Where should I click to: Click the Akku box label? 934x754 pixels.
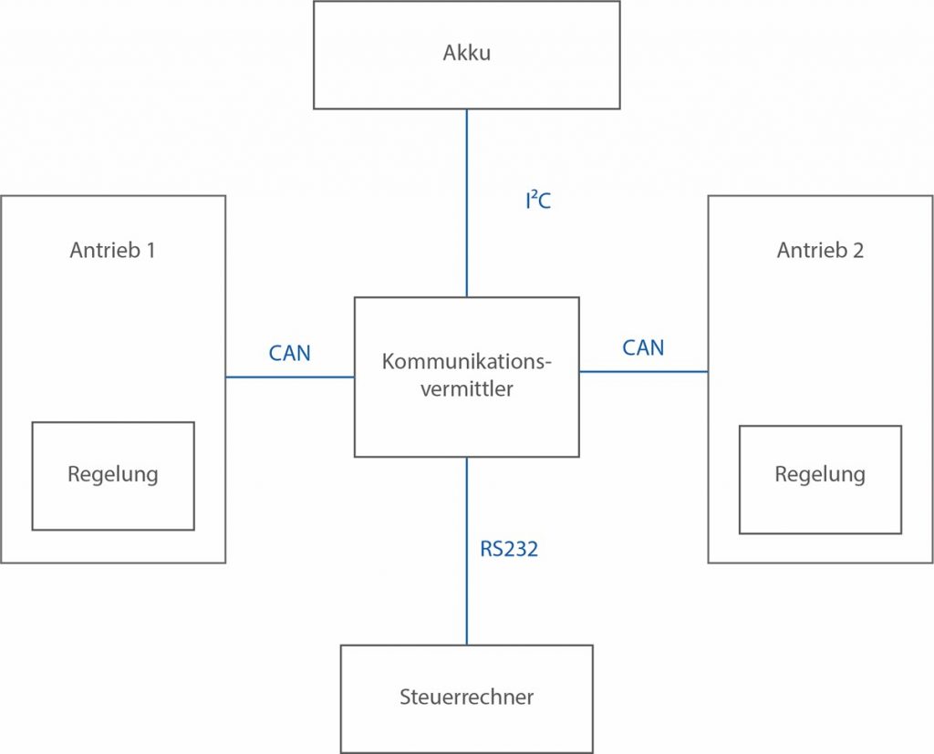(x=466, y=52)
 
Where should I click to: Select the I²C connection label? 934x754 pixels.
(x=537, y=201)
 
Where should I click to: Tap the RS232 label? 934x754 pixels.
(x=509, y=549)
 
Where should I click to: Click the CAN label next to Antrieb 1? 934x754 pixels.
(x=289, y=353)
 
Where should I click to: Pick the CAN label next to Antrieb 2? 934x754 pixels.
(x=643, y=347)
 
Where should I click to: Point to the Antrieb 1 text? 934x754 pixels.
(x=112, y=250)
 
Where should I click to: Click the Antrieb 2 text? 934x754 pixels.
(x=820, y=250)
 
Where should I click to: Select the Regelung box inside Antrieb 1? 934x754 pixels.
(x=113, y=475)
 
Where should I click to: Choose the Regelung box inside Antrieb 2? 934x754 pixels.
(x=820, y=478)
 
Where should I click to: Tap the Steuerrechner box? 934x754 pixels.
(x=466, y=697)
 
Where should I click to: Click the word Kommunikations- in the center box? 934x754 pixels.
(x=467, y=362)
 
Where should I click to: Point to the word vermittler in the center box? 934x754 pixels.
(x=466, y=390)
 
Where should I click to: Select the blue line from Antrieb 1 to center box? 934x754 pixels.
(x=289, y=377)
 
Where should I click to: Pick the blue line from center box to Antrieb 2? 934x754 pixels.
(x=643, y=371)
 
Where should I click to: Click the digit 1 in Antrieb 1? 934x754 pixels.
(x=150, y=250)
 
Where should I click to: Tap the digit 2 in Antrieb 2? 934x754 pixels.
(x=857, y=250)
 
